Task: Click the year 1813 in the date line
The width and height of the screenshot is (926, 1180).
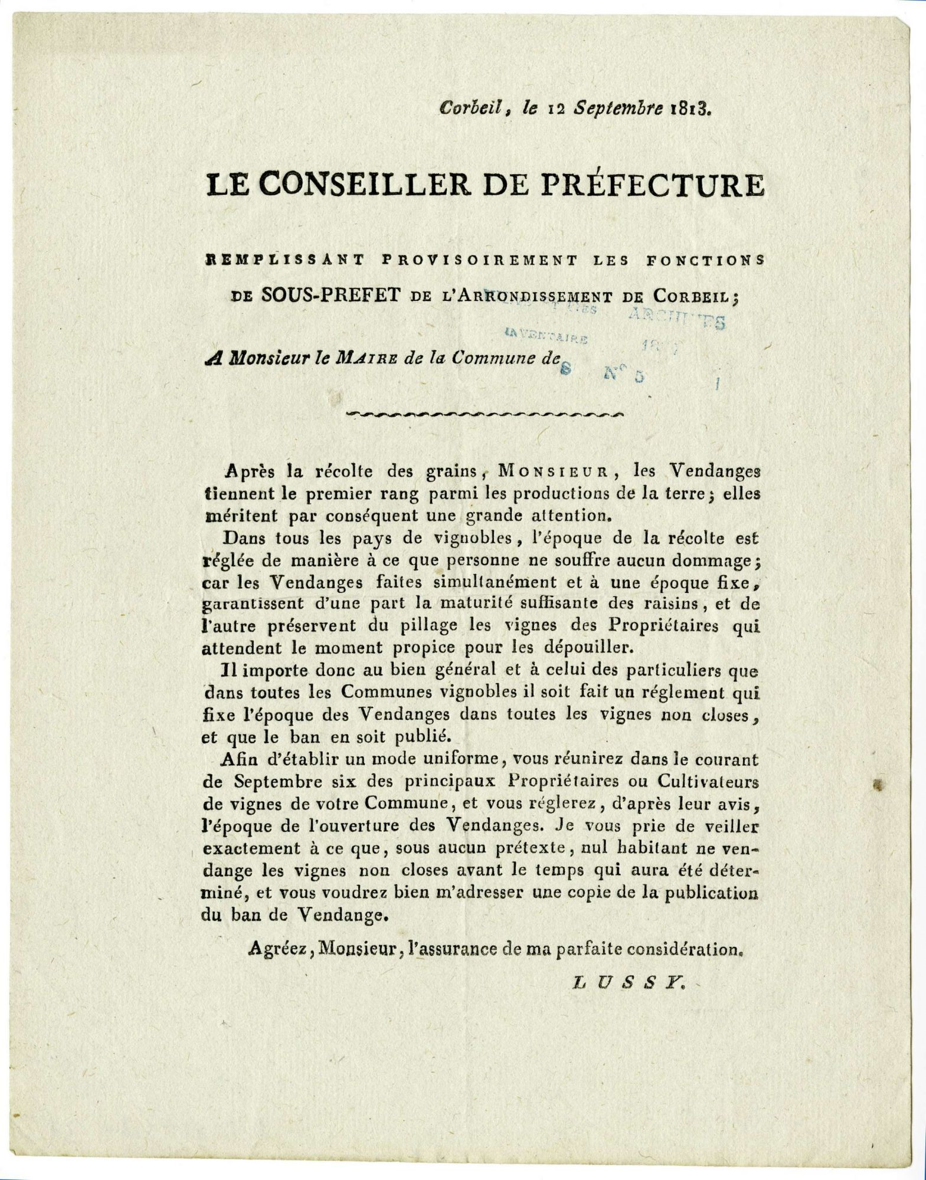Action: [692, 109]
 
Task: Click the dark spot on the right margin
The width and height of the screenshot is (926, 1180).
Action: [880, 784]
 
